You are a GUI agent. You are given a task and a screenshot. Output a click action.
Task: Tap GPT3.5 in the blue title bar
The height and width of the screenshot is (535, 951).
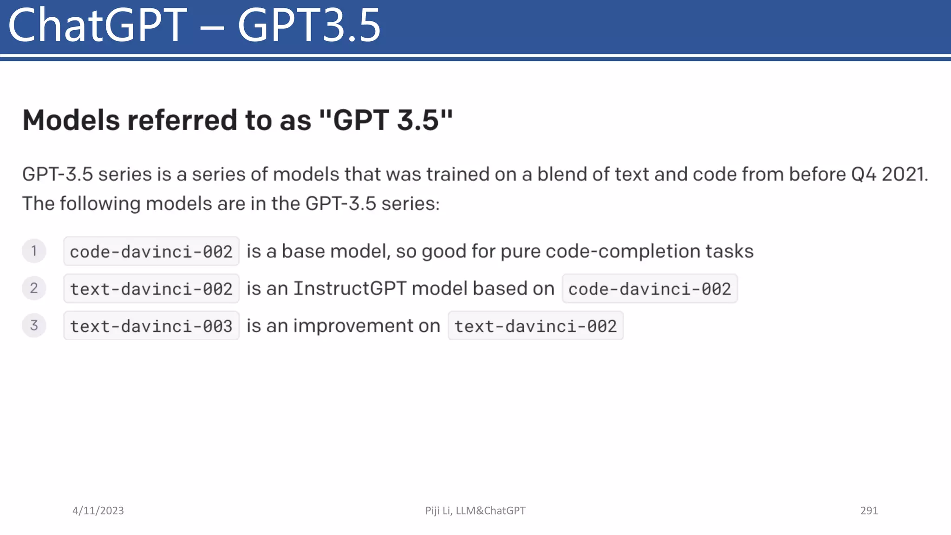(309, 26)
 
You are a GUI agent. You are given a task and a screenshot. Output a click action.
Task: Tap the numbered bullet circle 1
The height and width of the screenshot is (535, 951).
(34, 251)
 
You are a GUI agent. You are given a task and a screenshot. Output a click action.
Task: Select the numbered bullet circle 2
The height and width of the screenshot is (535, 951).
(34, 288)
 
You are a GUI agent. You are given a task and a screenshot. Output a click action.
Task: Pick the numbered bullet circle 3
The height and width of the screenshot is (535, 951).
(34, 325)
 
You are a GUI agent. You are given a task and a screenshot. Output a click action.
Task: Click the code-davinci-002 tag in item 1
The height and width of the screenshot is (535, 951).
(151, 251)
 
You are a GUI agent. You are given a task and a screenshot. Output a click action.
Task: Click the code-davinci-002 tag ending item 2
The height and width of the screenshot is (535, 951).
(650, 288)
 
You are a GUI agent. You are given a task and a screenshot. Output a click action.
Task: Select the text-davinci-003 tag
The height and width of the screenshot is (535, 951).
(151, 326)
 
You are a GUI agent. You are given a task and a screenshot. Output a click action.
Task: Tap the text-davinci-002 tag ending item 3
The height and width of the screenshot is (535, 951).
(535, 326)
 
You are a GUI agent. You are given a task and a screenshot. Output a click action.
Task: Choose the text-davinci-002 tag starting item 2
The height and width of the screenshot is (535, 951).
(151, 288)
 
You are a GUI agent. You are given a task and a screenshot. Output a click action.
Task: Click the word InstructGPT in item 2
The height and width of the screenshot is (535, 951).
(350, 288)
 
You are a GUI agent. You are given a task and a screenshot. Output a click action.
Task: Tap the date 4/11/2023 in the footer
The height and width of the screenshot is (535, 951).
(98, 510)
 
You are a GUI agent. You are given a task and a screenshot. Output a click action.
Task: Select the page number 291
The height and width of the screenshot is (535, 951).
(869, 510)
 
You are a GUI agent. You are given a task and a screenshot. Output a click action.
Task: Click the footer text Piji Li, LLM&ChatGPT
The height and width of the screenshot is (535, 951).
(475, 510)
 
